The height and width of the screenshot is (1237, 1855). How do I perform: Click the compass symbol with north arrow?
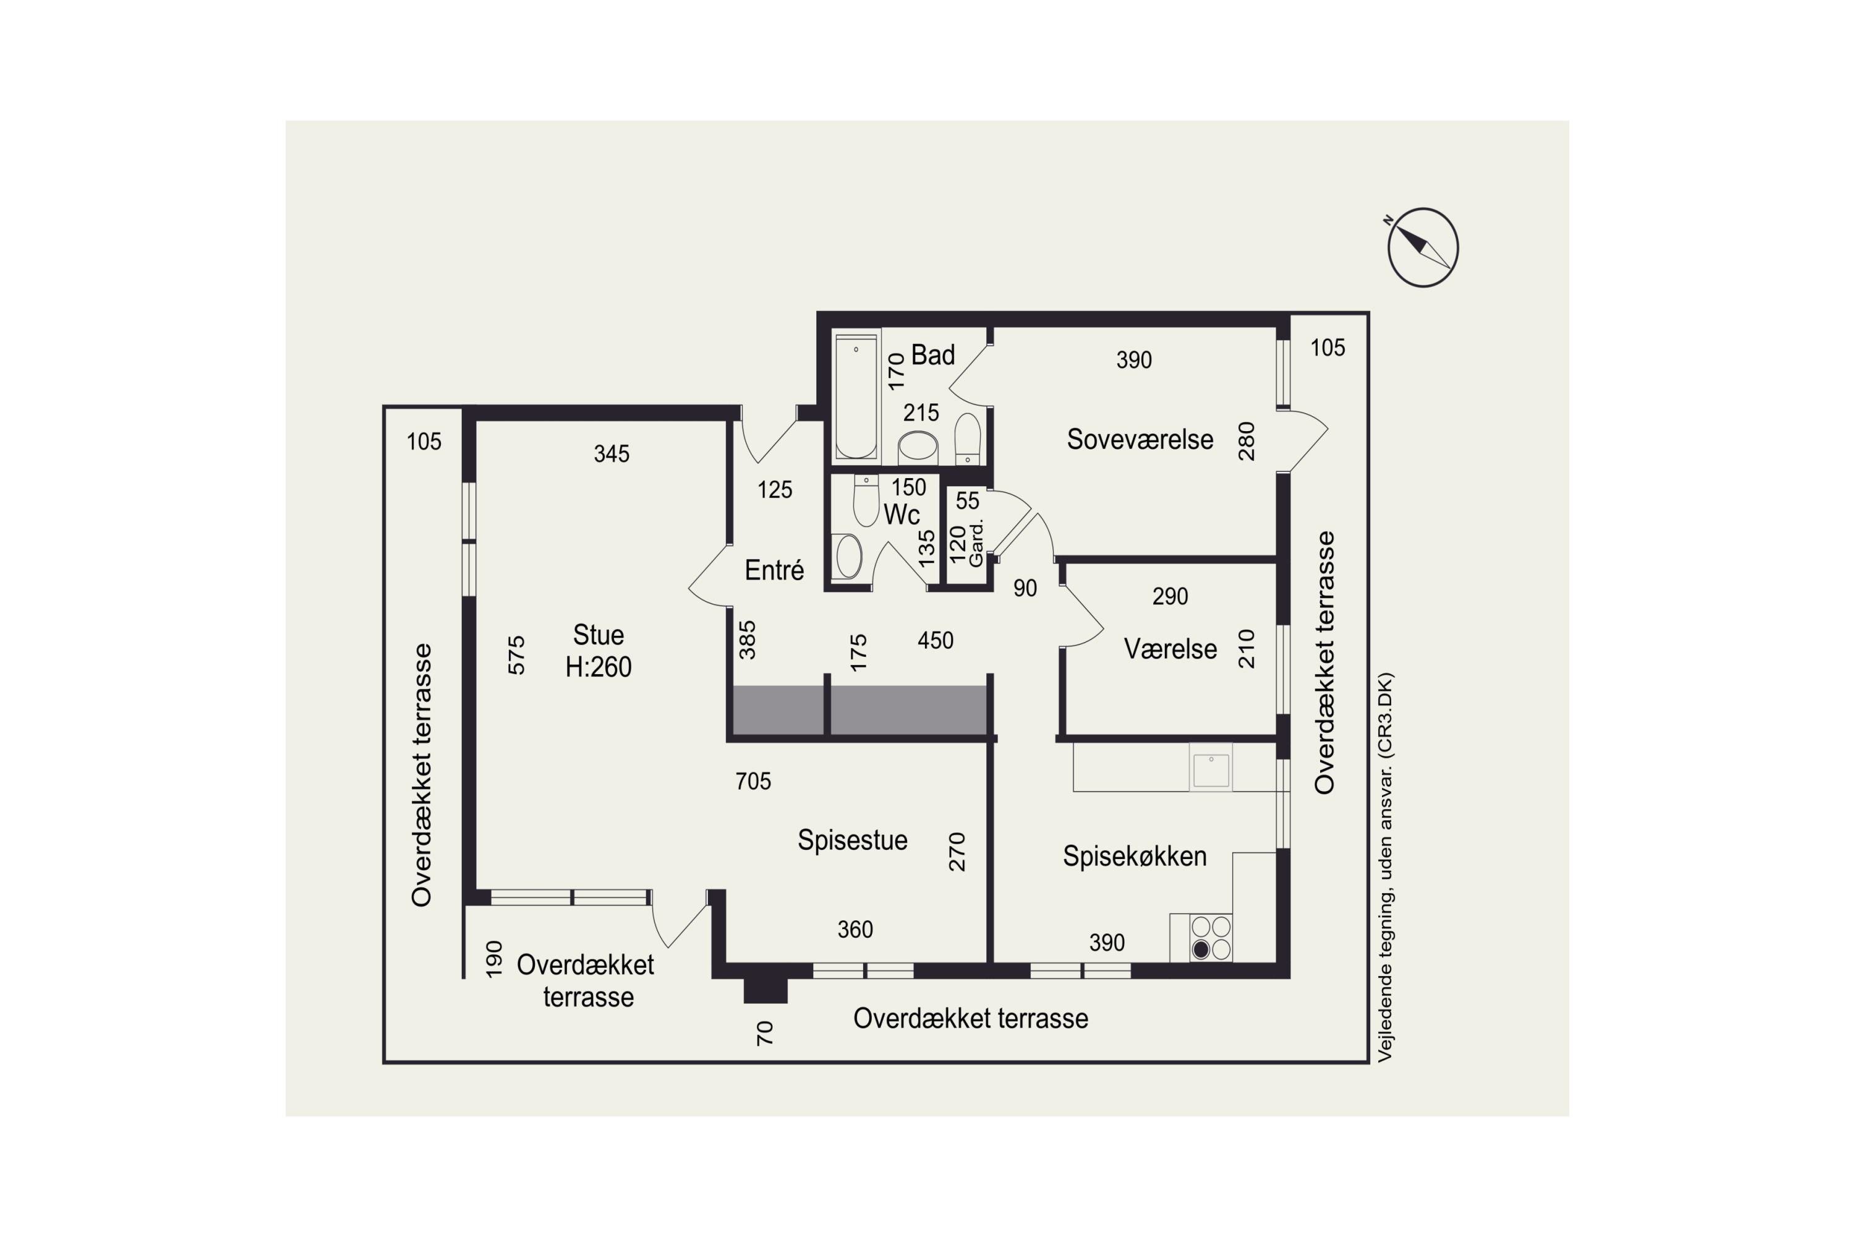[1422, 247]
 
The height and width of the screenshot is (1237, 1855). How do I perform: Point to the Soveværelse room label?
[1140, 439]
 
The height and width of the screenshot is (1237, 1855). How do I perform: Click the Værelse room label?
[1170, 649]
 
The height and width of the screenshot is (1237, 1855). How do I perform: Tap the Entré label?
[774, 570]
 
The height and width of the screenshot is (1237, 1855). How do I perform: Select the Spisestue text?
[852, 840]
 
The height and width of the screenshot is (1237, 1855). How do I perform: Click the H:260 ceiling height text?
[598, 667]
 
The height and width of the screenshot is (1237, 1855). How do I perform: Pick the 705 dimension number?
[753, 781]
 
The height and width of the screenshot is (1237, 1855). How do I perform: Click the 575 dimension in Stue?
[516, 655]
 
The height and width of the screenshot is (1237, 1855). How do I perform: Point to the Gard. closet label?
[976, 543]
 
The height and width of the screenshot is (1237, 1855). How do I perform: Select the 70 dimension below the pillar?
[764, 1033]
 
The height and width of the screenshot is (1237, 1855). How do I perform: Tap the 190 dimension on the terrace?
[493, 959]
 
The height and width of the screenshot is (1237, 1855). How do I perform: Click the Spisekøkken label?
[1134, 856]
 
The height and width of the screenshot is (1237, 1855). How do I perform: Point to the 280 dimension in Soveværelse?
[1245, 441]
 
